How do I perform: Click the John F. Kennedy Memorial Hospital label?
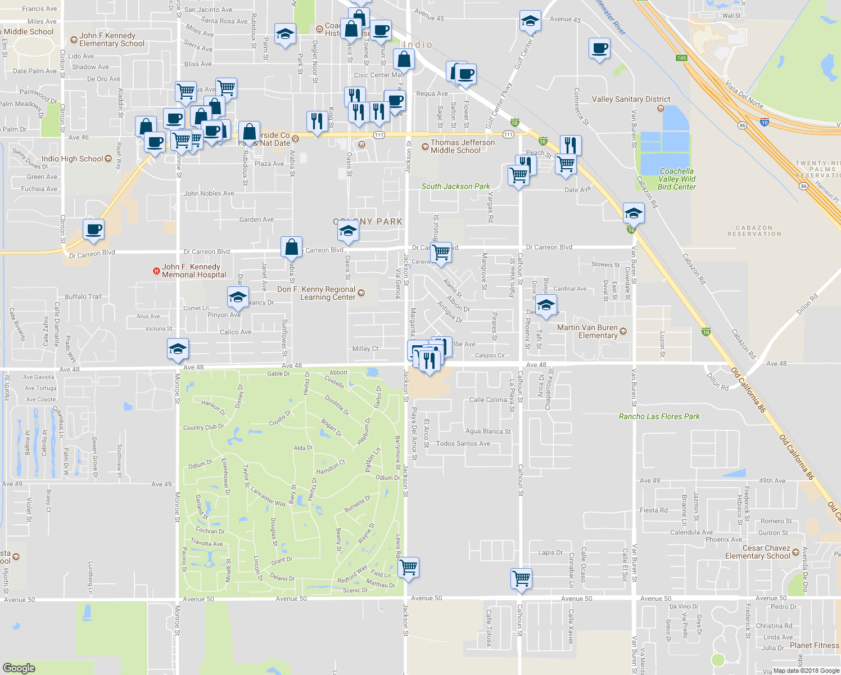pyautogui.click(x=194, y=271)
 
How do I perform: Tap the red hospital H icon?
pyautogui.click(x=156, y=271)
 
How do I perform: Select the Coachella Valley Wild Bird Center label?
pyautogui.click(x=677, y=179)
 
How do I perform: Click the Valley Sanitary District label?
pyautogui.click(x=631, y=99)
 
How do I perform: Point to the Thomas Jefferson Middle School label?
pyautogui.click(x=462, y=146)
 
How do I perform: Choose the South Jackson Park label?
pyautogui.click(x=455, y=186)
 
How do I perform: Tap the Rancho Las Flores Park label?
pyautogui.click(x=659, y=416)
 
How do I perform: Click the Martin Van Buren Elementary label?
pyautogui.click(x=587, y=331)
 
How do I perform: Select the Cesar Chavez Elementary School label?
pyautogui.click(x=758, y=552)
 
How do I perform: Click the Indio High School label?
pyautogui.click(x=72, y=159)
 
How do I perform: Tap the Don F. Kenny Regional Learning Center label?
pyautogui.click(x=316, y=293)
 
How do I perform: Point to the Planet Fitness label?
pyautogui.click(x=814, y=645)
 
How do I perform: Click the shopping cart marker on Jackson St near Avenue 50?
pyautogui.click(x=409, y=567)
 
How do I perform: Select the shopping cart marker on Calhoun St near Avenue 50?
pyautogui.click(x=522, y=578)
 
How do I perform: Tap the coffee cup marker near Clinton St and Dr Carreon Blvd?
pyautogui.click(x=94, y=229)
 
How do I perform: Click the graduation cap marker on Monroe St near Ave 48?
pyautogui.click(x=178, y=349)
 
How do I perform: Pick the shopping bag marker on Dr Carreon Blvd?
pyautogui.click(x=292, y=247)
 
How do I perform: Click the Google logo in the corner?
pyautogui.click(x=19, y=668)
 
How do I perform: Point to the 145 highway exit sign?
pyautogui.click(x=681, y=58)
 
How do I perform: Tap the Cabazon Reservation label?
pyautogui.click(x=754, y=231)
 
